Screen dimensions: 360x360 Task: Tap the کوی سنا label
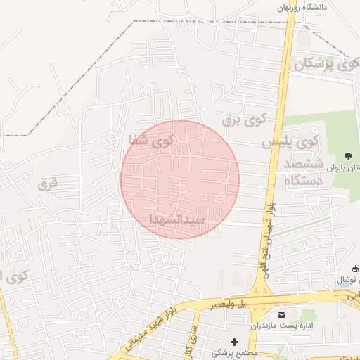pyautogui.click(x=150, y=140)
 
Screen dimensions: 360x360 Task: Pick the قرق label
pyautogui.click(x=49, y=184)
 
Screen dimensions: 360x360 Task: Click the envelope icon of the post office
pyautogui.click(x=282, y=314)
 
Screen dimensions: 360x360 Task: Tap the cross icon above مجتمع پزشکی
pyautogui.click(x=234, y=342)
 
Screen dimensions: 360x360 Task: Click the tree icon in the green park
pyautogui.click(x=348, y=155)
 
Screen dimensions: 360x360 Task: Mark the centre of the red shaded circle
pyautogui.click(x=180, y=179)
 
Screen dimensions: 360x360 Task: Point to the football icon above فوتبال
pyautogui.click(x=354, y=268)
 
